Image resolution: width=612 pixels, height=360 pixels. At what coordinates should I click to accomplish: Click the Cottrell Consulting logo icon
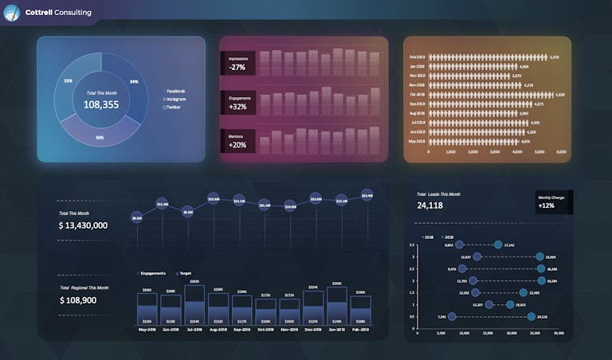(12, 12)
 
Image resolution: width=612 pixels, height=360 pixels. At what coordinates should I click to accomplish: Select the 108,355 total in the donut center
(101, 104)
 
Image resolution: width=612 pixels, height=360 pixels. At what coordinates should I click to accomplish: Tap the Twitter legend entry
(174, 107)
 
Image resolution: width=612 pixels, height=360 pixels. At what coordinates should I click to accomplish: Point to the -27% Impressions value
(237, 68)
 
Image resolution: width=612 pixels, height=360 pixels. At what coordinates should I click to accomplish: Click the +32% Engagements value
(237, 107)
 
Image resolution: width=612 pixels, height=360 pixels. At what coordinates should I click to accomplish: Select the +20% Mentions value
(237, 145)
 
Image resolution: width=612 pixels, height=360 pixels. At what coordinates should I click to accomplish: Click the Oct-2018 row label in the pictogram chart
(418, 94)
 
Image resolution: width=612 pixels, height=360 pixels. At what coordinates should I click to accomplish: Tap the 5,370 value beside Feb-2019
(555, 57)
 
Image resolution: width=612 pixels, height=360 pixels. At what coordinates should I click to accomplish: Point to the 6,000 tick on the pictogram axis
(561, 151)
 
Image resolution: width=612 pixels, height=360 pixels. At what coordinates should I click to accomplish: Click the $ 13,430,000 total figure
(84, 225)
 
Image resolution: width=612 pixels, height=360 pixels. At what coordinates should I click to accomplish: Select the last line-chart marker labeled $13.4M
(367, 194)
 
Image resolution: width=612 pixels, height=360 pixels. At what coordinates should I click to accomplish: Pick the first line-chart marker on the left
(137, 217)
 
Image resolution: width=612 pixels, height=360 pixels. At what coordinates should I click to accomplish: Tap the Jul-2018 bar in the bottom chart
(194, 303)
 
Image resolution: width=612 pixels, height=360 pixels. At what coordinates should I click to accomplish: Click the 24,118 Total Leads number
(430, 205)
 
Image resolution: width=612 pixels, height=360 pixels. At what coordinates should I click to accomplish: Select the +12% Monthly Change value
(547, 205)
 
